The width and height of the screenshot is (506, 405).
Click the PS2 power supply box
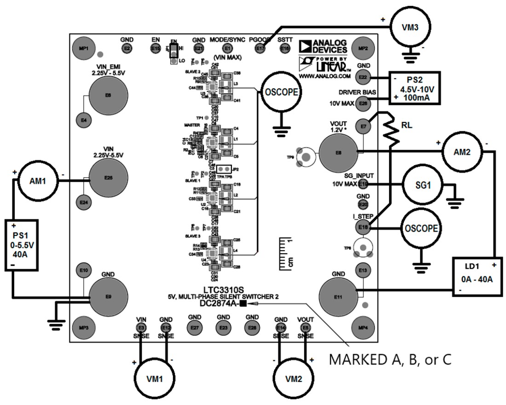[x=414, y=88]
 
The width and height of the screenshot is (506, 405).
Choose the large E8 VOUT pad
[x=338, y=152]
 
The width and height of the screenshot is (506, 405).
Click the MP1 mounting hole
[x=83, y=48]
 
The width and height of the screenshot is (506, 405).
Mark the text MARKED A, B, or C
[x=392, y=359]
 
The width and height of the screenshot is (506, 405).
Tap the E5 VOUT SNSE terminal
[x=305, y=327]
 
